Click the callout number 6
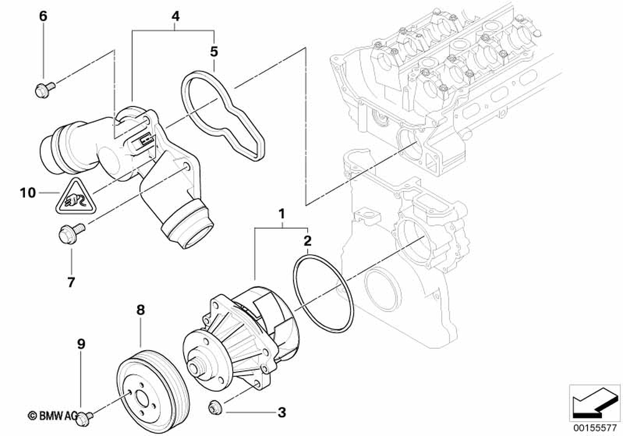43,17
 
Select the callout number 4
175,17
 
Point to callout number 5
214,50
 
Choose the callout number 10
27,193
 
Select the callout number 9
81,343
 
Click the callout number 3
282,412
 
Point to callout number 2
307,240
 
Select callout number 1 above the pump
282,214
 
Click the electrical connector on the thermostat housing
141,144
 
